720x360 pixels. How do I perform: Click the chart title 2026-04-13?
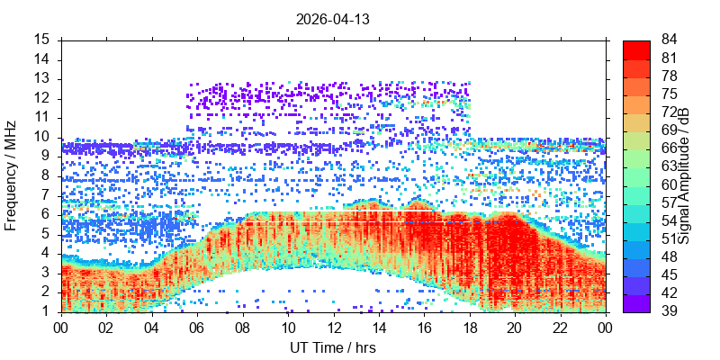[x=332, y=20]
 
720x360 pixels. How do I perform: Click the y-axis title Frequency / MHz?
[x=11, y=175]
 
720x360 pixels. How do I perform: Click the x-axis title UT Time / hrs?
[x=333, y=347]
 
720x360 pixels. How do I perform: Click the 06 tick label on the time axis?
[x=197, y=328]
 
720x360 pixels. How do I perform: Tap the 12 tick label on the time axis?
[x=333, y=328]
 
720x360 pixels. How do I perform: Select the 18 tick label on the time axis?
[x=470, y=328]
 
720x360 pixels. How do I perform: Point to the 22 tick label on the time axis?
[x=560, y=328]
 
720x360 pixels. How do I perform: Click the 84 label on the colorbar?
[x=669, y=40]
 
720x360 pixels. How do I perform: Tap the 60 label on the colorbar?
[x=669, y=184]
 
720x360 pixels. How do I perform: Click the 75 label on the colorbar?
[x=669, y=94]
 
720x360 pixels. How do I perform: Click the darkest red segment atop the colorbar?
[x=636, y=50]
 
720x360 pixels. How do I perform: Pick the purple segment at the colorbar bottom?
[x=636, y=303]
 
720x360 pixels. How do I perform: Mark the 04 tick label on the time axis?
[x=152, y=328]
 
